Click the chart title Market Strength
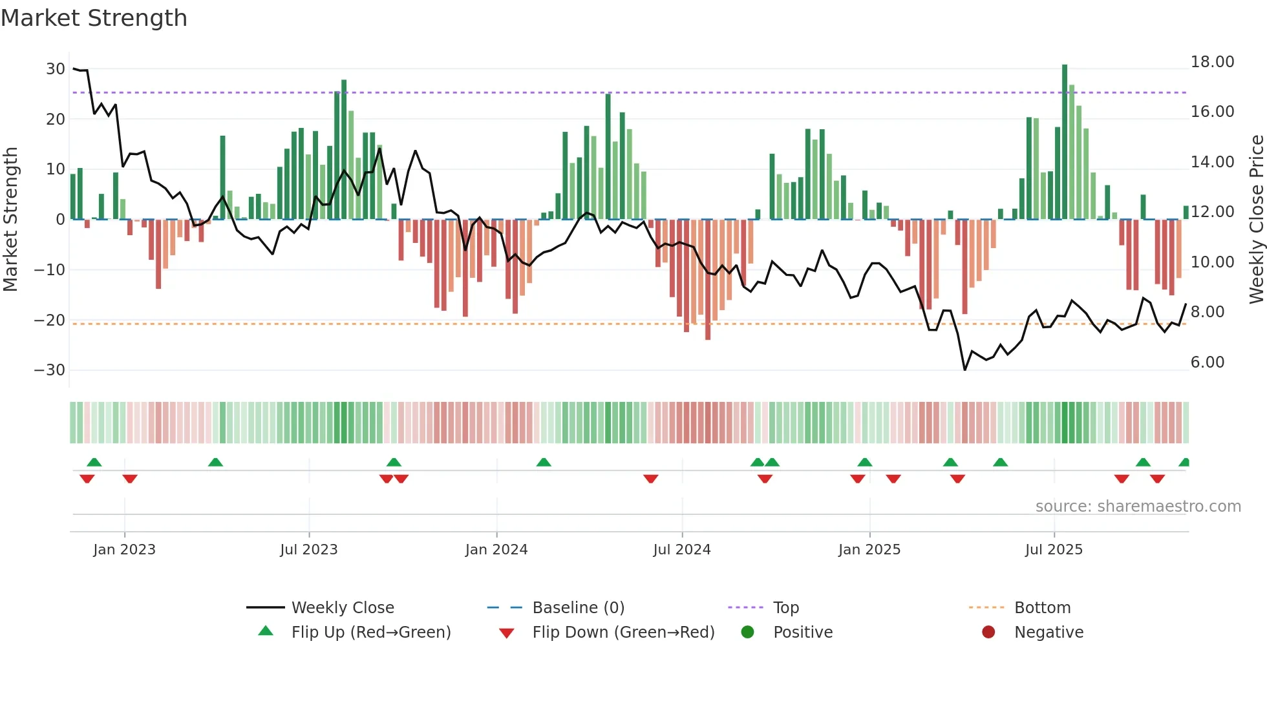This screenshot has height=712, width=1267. (94, 18)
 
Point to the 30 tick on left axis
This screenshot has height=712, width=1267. (56, 69)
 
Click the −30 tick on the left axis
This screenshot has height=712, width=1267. (50, 370)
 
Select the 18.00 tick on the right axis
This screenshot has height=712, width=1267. (1212, 62)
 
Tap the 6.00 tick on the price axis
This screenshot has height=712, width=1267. (1208, 362)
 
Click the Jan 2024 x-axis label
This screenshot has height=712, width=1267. (496, 550)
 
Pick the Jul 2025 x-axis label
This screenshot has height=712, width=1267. (1054, 550)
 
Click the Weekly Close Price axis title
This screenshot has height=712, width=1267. (1256, 220)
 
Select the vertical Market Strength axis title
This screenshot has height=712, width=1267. (11, 220)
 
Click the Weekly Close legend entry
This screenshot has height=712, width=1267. (342, 608)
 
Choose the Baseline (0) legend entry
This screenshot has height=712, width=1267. (578, 608)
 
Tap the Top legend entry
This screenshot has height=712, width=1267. (785, 608)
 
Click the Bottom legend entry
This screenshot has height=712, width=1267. (1042, 608)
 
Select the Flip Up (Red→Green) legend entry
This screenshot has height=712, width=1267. (370, 633)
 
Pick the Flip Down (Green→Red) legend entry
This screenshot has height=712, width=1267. (623, 633)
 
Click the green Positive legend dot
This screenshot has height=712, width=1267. (747, 633)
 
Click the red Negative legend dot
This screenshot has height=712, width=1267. (988, 633)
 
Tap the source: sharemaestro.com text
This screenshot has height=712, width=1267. (1138, 507)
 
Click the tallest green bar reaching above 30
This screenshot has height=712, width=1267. (1065, 142)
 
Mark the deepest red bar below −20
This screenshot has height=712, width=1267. (708, 279)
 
